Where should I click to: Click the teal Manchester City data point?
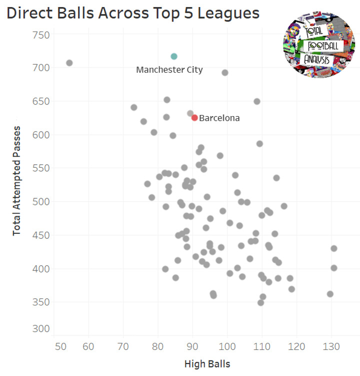point(174,57)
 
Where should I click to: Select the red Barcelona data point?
point(194,118)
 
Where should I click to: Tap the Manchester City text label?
point(169,70)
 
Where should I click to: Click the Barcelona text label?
point(219,119)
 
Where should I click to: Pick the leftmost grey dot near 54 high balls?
point(69,63)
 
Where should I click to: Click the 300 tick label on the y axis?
point(39,329)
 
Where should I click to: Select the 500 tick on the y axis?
point(39,202)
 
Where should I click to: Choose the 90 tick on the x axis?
point(192,346)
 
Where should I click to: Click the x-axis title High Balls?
point(207,363)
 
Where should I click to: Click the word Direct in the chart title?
point(29,14)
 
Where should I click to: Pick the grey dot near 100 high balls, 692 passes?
point(225,73)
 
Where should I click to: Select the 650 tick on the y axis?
point(39,101)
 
